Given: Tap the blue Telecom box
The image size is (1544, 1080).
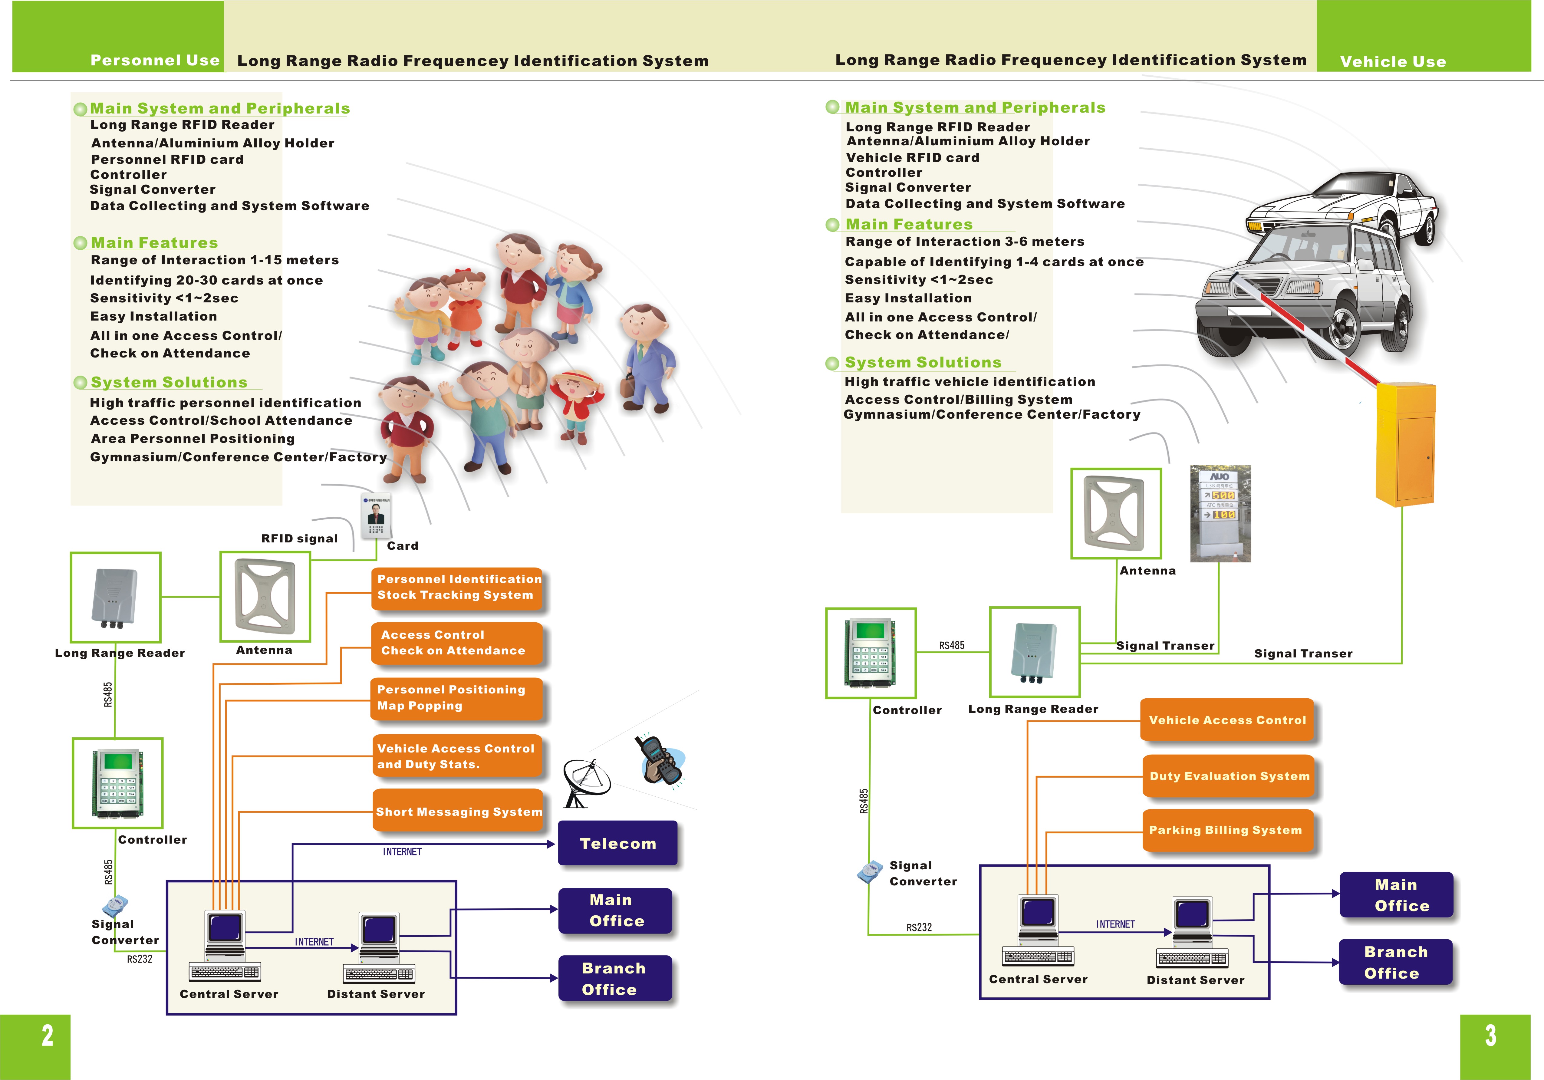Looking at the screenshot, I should pyautogui.click(x=617, y=843).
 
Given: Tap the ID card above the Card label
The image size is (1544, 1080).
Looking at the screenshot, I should pyautogui.click(x=376, y=516).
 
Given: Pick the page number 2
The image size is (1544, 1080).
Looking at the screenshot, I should pyautogui.click(x=47, y=1036).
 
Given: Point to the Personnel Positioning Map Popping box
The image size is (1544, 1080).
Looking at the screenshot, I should pyautogui.click(x=457, y=698).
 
